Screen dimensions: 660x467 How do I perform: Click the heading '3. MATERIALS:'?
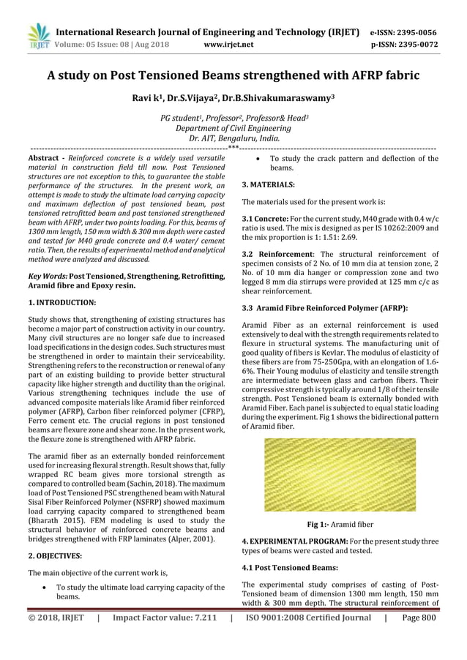point(268,185)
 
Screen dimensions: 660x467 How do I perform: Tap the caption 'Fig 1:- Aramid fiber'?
point(340,525)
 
